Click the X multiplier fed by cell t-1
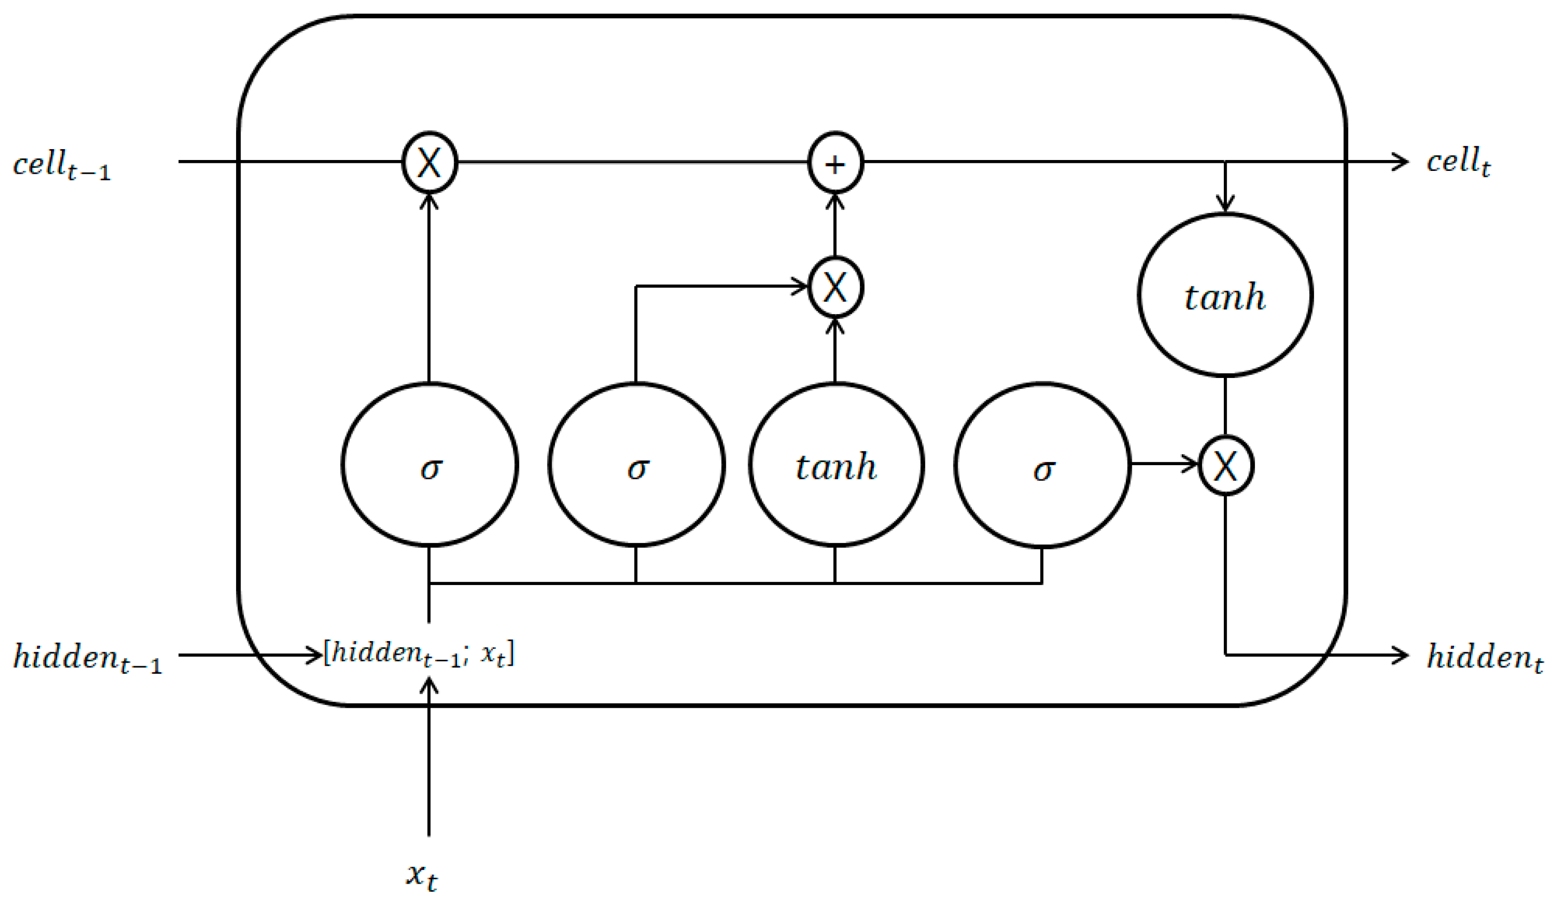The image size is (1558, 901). [430, 162]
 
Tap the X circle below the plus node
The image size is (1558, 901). [835, 287]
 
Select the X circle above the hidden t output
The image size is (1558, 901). [1225, 465]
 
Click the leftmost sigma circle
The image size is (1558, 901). [430, 465]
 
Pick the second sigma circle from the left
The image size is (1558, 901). [636, 465]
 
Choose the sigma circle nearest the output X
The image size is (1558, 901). [1042, 465]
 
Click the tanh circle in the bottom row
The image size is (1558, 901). [836, 465]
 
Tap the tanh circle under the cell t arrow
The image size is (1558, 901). [1225, 295]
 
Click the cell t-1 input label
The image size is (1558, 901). [62, 165]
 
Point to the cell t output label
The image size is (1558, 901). [1458, 162]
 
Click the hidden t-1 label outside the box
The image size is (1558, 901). [87, 657]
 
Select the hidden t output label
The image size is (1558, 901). [1484, 657]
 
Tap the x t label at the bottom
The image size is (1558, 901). [422, 876]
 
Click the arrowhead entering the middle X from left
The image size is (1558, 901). [801, 286]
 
